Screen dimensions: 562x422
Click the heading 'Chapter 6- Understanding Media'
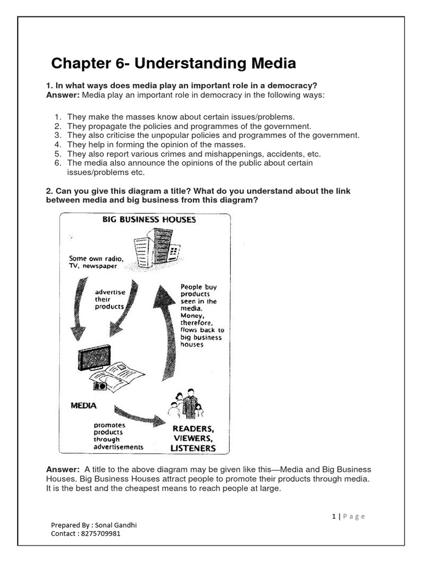[x=173, y=64]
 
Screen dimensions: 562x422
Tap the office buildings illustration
[x=157, y=247]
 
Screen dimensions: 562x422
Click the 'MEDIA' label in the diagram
[x=84, y=406]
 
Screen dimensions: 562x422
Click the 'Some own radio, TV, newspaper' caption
[x=96, y=262]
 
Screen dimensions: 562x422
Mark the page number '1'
[x=334, y=516]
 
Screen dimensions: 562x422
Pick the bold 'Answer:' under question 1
[x=63, y=95]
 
